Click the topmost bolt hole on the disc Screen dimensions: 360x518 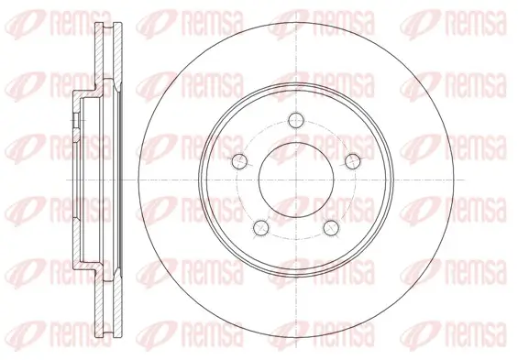tap(295, 119)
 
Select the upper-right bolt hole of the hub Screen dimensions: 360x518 tap(352, 161)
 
